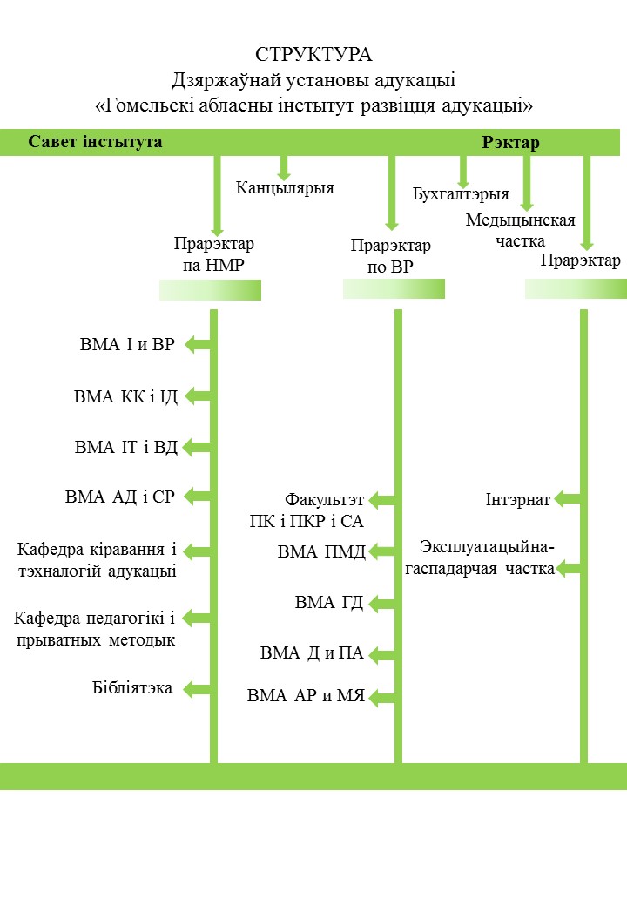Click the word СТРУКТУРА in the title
pyautogui.click(x=313, y=55)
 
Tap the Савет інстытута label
pyautogui.click(x=95, y=142)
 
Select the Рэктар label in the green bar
pyautogui.click(x=510, y=143)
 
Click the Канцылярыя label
pyautogui.click(x=285, y=188)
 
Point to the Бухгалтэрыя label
pyautogui.click(x=461, y=194)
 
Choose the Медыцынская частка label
pyautogui.click(x=520, y=230)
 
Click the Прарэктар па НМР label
pyautogui.click(x=213, y=254)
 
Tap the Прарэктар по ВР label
pyautogui.click(x=391, y=256)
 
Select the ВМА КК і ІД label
pyautogui.click(x=125, y=397)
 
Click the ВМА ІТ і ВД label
pyautogui.click(x=126, y=447)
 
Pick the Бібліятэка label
pyautogui.click(x=132, y=688)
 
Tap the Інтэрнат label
pyautogui.click(x=518, y=500)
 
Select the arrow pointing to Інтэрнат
pyautogui.click(x=567, y=499)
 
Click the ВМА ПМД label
pyautogui.click(x=321, y=551)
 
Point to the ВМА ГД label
pyautogui.click(x=329, y=603)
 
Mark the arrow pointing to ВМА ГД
pyautogui.click(x=381, y=604)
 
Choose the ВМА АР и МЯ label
pyautogui.click(x=306, y=696)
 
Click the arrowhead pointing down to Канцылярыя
pyautogui.click(x=284, y=174)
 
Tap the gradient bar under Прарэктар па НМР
pyautogui.click(x=210, y=290)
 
